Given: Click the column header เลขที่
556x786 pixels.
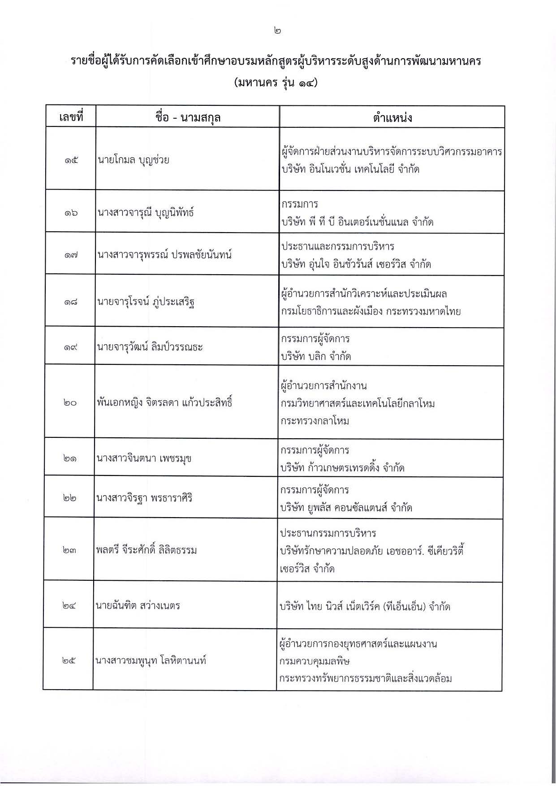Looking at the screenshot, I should pyautogui.click(x=71, y=117).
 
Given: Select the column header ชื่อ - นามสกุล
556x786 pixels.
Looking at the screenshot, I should pyautogui.click(x=188, y=117).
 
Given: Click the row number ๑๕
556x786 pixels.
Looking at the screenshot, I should pyautogui.click(x=71, y=160).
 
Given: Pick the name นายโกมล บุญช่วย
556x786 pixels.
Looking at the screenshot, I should pyautogui.click(x=134, y=160).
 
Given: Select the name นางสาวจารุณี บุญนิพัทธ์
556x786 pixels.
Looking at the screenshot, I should pyautogui.click(x=146, y=212).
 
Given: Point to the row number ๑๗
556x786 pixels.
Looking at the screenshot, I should pyautogui.click(x=71, y=255).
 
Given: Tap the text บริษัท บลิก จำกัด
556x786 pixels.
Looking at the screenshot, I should pyautogui.click(x=316, y=357).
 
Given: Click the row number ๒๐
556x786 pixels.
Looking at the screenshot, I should pyautogui.click(x=70, y=403).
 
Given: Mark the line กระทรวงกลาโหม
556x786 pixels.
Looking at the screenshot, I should pyautogui.click(x=315, y=421).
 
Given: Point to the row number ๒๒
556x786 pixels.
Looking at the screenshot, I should pyautogui.click(x=69, y=498).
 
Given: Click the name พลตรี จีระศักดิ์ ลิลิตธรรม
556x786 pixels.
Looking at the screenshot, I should pyautogui.click(x=146, y=550).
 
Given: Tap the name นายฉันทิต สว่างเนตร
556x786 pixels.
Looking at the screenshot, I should pyautogui.click(x=138, y=606).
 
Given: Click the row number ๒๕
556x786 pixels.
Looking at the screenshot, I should pyautogui.click(x=69, y=661).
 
